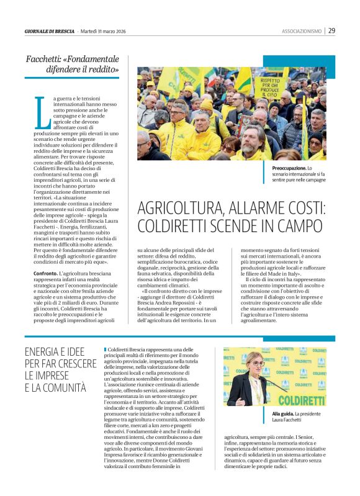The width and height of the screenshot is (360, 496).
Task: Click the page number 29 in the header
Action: click(332, 30)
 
